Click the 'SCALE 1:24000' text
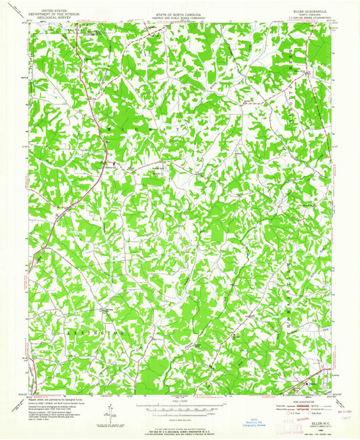(179, 400)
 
